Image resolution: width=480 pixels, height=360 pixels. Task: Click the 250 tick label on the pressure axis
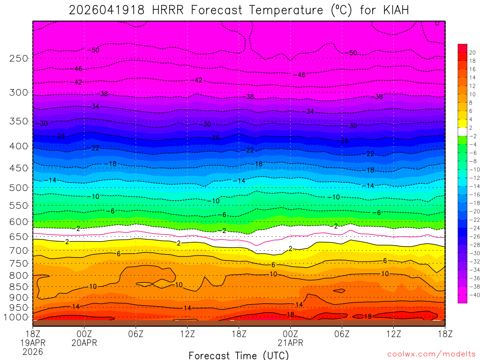click(19, 59)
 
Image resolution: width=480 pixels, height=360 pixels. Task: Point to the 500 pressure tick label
click(19, 187)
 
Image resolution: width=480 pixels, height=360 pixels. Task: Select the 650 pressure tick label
click(19, 237)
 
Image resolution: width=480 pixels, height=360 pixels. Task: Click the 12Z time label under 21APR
click(394, 334)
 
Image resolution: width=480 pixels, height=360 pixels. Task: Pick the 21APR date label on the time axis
click(291, 343)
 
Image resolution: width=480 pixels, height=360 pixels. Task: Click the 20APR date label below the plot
click(84, 343)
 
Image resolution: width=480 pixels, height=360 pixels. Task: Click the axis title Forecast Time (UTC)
click(239, 355)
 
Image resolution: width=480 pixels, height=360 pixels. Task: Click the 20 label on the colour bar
click(472, 52)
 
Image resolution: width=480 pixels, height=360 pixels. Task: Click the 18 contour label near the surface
click(368, 316)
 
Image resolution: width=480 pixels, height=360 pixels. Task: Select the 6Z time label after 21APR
click(342, 334)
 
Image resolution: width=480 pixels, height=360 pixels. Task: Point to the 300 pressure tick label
click(19, 92)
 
